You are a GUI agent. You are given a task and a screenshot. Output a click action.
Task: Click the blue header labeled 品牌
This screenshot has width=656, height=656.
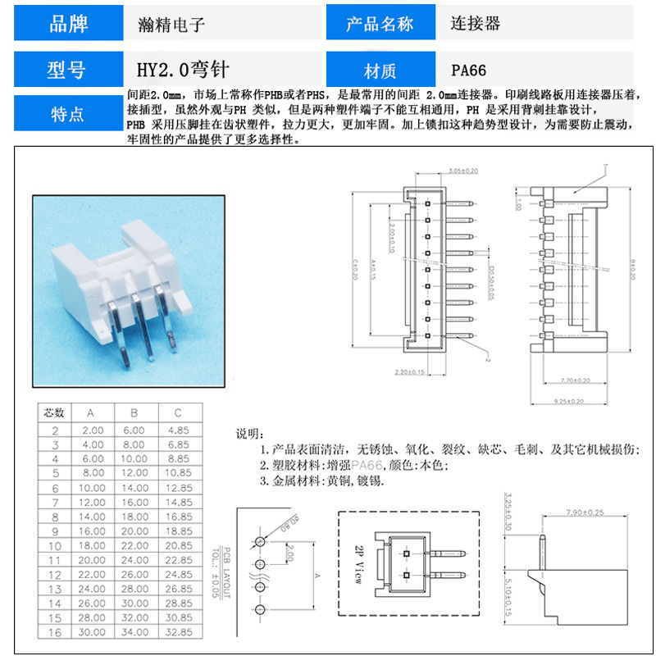[x=69, y=24]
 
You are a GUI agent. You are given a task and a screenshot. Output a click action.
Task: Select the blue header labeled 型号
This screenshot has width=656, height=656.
[x=69, y=71]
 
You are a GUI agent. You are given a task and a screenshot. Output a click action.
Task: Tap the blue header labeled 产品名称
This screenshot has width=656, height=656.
[x=380, y=24]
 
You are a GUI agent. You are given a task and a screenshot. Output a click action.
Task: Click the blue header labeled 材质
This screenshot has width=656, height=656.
[x=380, y=71]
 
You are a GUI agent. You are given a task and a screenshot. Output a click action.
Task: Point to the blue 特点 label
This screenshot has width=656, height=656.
[x=69, y=114]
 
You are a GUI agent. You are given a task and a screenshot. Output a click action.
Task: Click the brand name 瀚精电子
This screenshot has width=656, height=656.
[x=171, y=25]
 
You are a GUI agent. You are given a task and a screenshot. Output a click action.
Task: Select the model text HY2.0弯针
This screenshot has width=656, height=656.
[x=175, y=71]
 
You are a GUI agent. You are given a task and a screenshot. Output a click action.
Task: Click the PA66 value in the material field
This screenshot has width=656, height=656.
[x=469, y=71]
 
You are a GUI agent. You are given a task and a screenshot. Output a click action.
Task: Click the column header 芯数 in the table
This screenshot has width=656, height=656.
[x=54, y=412]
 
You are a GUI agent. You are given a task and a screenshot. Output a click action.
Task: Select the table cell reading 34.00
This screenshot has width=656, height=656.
[x=134, y=632]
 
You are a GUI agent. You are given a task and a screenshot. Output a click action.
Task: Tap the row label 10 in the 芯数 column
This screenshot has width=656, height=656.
[x=54, y=545]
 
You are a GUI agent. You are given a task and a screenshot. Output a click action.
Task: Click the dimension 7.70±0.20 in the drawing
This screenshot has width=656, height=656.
[x=576, y=380]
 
